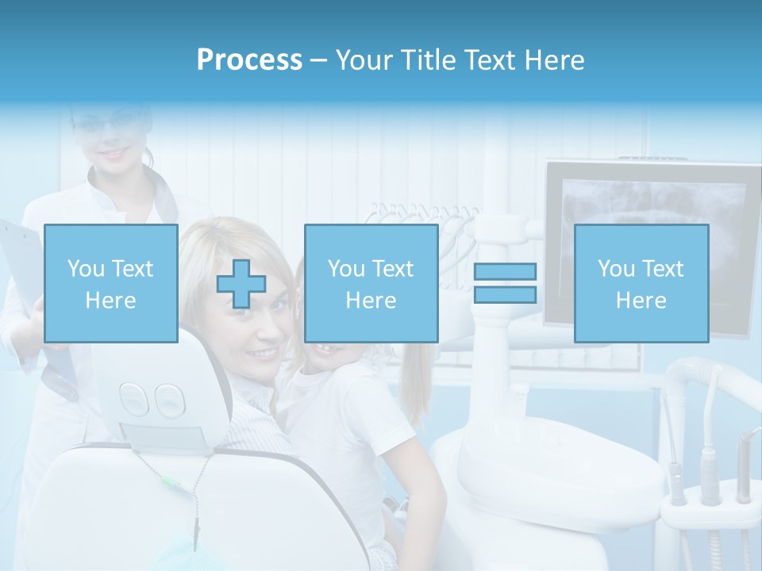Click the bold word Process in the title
point(249,60)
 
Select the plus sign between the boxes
point(241,283)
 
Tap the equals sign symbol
point(505,283)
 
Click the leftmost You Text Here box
point(110,283)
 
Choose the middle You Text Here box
point(371,283)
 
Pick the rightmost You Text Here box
point(641,283)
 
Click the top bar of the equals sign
point(505,271)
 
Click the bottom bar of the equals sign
point(505,294)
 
